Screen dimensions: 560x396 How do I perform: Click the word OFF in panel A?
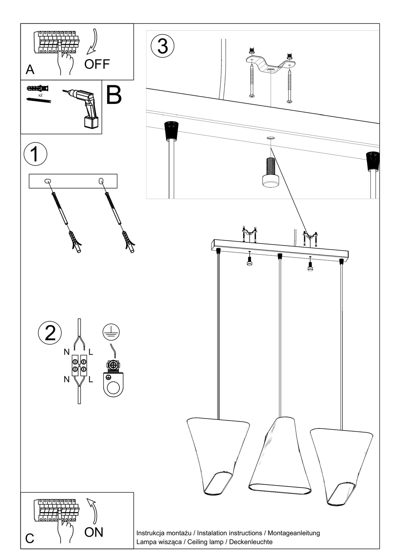coord(97,64)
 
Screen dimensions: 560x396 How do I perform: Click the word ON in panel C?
coord(94,532)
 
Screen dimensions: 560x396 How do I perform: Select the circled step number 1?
coord(35,154)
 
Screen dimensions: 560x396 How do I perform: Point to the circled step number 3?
coord(162,46)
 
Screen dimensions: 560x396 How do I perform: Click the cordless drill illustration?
coord(84,107)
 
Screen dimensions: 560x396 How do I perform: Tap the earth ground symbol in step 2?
coord(111,331)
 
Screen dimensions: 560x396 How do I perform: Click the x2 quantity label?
coord(40,95)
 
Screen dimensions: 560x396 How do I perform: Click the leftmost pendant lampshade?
coord(218,455)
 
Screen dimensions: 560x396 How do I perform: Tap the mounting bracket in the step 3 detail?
coord(270,65)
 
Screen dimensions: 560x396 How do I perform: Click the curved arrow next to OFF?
coord(93,42)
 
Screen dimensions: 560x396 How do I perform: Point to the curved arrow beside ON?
coord(93,510)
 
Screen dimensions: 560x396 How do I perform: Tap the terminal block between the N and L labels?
coord(79,365)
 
